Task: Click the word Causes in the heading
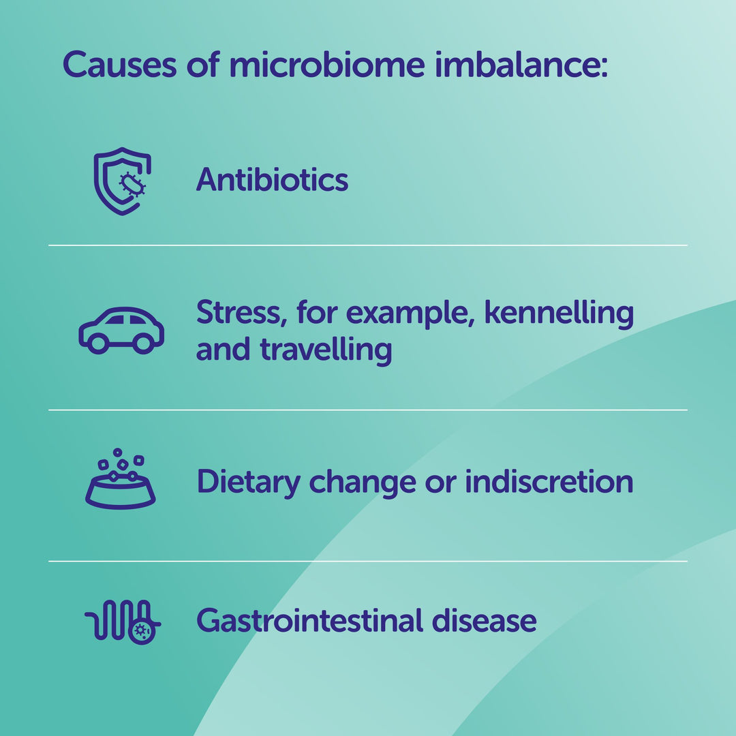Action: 120,64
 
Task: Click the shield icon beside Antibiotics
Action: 122,181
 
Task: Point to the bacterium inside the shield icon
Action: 132,183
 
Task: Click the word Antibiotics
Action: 272,179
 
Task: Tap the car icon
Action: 121,331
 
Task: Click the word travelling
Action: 326,350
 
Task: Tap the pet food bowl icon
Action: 120,479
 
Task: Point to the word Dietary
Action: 248,482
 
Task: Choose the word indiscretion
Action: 549,481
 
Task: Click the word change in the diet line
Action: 363,482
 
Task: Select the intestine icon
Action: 123,621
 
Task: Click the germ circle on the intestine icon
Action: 141,631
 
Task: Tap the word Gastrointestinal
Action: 309,621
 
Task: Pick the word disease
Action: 484,621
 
